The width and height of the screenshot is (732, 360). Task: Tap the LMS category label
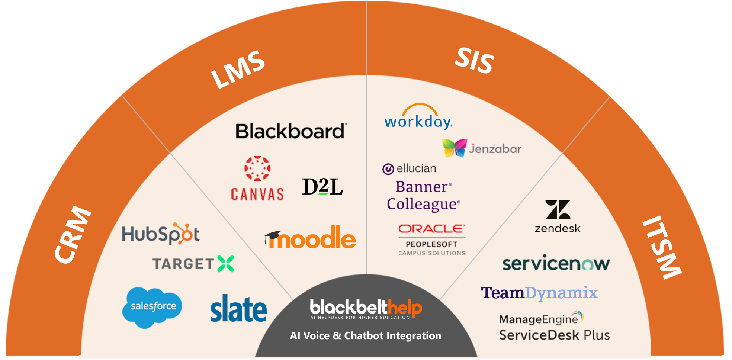click(x=238, y=70)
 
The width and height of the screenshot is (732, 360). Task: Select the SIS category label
click(x=475, y=60)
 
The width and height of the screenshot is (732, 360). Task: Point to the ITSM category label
click(x=662, y=247)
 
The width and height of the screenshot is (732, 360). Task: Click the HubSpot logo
click(x=160, y=234)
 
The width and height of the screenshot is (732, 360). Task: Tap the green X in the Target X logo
click(x=225, y=264)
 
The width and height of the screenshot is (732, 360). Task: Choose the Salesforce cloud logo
click(x=152, y=307)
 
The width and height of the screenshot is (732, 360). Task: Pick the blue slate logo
click(x=238, y=308)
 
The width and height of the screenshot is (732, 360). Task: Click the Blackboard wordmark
click(x=291, y=132)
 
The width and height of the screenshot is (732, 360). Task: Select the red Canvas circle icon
click(x=257, y=168)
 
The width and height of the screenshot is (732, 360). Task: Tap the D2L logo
click(x=322, y=187)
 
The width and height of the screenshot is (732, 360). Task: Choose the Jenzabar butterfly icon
click(x=454, y=148)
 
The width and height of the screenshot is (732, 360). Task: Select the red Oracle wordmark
click(x=431, y=229)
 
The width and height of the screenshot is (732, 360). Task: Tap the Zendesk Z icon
click(x=558, y=210)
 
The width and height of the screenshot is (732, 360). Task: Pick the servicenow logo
click(x=556, y=264)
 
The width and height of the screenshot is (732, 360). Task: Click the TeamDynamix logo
click(x=539, y=293)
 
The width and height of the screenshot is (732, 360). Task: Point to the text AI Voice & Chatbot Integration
click(x=366, y=336)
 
